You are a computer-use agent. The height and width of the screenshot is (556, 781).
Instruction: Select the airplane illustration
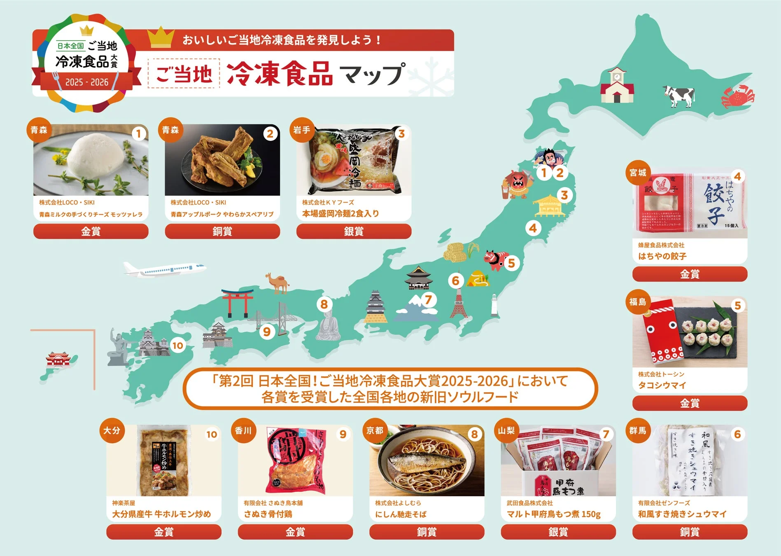coord(165,269)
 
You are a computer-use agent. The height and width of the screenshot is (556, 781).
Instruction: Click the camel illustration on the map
coord(277,283)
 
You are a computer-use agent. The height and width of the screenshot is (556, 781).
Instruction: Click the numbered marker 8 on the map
coord(324,304)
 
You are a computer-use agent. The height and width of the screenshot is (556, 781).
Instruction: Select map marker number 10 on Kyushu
coord(177,346)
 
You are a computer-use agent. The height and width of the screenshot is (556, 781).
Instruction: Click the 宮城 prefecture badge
coord(638,173)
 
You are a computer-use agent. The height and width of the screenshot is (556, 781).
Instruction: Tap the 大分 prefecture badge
coord(112,431)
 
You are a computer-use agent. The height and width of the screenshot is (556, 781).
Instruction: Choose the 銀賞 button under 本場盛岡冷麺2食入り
coord(354,231)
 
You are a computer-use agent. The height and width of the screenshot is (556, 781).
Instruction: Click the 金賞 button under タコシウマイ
coord(690,403)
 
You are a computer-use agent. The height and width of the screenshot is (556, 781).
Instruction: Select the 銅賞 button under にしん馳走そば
coord(427,532)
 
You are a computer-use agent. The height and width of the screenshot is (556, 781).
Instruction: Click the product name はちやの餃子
coord(662,256)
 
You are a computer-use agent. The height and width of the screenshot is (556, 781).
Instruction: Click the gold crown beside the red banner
coord(161,37)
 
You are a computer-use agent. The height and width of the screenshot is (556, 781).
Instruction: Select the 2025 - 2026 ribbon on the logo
coord(87,82)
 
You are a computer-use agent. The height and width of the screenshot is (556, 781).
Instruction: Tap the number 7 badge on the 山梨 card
coord(606,434)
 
